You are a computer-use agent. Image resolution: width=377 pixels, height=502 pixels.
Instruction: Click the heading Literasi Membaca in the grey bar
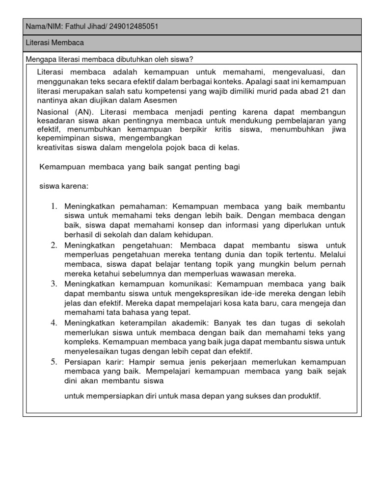(54, 43)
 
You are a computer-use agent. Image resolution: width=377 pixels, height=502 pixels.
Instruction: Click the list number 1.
(54, 206)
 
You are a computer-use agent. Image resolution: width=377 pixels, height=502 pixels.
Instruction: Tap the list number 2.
(54, 245)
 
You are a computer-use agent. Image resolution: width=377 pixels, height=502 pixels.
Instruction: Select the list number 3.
(54, 284)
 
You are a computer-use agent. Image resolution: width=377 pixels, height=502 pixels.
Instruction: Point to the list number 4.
(54, 323)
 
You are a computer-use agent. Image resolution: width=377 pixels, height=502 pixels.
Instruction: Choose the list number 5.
(54, 362)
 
